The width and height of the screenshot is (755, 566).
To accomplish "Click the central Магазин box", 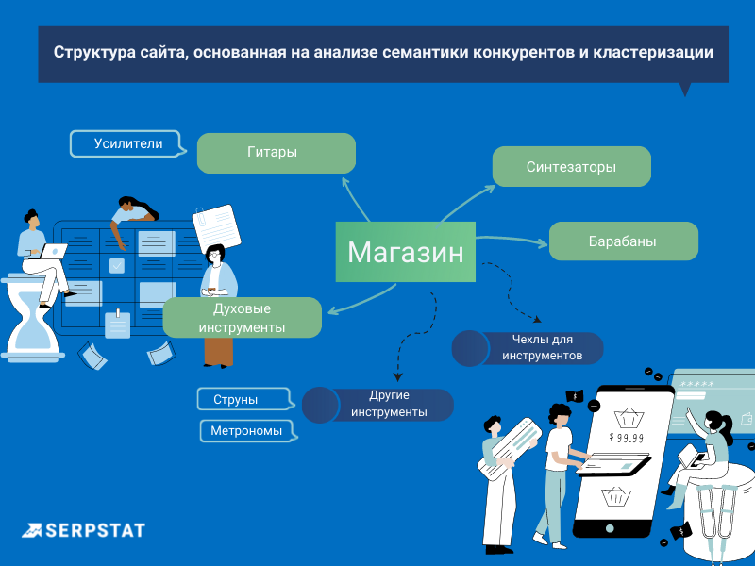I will coord(405,252).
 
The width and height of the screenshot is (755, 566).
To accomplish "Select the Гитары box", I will coord(276,153).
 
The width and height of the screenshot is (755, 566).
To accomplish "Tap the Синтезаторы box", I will coord(571,166).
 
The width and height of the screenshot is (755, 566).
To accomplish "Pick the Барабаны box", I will coord(623,241).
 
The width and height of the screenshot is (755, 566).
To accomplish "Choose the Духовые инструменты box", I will coord(243,318).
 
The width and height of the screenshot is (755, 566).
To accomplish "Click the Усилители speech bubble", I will coord(128,144).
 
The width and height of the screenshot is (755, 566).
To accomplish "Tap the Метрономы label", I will coord(247,431).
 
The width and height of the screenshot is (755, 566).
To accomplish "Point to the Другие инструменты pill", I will coord(388,405).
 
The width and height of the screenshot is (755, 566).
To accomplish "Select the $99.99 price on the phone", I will coord(626,437).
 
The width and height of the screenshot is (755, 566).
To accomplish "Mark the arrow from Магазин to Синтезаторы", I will coord(462,203).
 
